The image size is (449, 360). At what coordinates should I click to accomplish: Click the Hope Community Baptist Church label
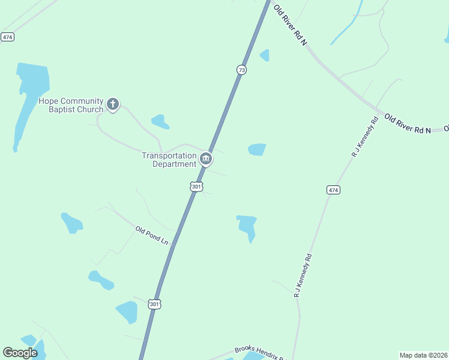[x=71, y=106]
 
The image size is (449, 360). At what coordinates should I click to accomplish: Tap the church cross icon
[x=112, y=105]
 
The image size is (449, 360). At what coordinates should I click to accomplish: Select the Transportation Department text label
[x=169, y=160]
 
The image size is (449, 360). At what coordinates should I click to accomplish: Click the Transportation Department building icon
[x=206, y=159]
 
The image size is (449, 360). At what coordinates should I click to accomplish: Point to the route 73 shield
[x=241, y=70]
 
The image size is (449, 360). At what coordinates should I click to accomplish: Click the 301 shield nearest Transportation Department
[x=196, y=187]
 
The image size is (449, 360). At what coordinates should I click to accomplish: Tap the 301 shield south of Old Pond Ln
[x=155, y=304]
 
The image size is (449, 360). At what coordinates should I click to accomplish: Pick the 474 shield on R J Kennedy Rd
[x=333, y=190]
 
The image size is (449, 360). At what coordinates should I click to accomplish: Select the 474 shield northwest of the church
[x=7, y=37]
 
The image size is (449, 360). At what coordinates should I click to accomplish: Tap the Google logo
[x=20, y=353]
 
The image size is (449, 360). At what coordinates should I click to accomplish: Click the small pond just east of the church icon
[x=160, y=122]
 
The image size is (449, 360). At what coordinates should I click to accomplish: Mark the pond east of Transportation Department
[x=257, y=149]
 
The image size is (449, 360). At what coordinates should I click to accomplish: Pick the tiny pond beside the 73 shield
[x=264, y=55]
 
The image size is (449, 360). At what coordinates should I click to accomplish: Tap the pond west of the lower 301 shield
[x=127, y=312]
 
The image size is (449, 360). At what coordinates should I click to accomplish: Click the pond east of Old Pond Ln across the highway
[x=247, y=226]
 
